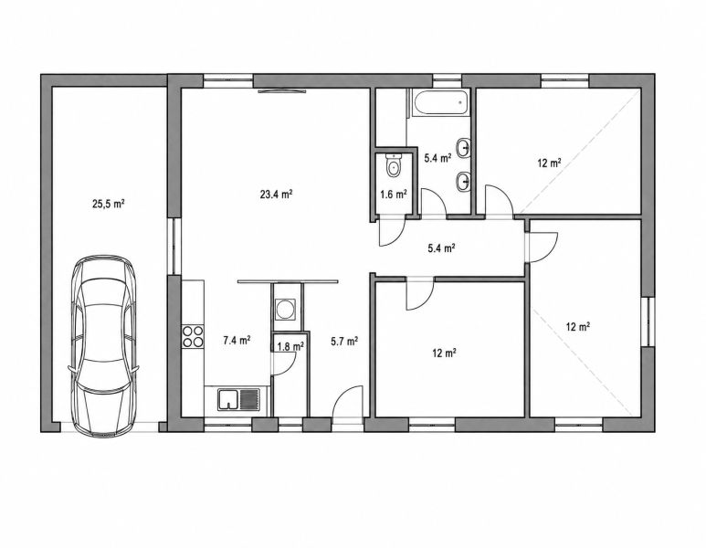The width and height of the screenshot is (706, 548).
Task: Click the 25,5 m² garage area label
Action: pos(109,204)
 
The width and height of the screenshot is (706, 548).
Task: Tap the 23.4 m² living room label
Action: pos(277,194)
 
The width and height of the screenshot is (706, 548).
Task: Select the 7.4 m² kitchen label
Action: pos(237,341)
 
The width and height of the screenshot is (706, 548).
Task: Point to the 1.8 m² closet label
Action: pos(290,346)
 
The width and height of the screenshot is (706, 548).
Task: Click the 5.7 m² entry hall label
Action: pos(344,342)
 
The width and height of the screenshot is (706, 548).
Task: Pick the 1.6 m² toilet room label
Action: pos(394,194)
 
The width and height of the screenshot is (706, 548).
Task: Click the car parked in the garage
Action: pos(103,346)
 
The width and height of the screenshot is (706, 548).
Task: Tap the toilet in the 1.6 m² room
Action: pos(394,164)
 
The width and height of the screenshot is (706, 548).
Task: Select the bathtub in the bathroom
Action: pos(440,102)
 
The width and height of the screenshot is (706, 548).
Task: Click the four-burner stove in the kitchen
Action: pos(193,337)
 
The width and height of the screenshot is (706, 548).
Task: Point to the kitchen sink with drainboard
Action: pos(238,400)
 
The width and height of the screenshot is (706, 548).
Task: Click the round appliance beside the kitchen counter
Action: pos(285,310)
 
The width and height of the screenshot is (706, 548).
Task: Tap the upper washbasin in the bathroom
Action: pos(464,148)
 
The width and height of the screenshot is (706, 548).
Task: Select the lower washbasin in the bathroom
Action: pos(464,182)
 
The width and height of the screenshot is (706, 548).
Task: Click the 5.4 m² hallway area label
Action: pos(441,248)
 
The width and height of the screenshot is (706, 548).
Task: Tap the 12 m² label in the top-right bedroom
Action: pos(549,163)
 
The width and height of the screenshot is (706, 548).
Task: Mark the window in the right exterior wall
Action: pos(648,321)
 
